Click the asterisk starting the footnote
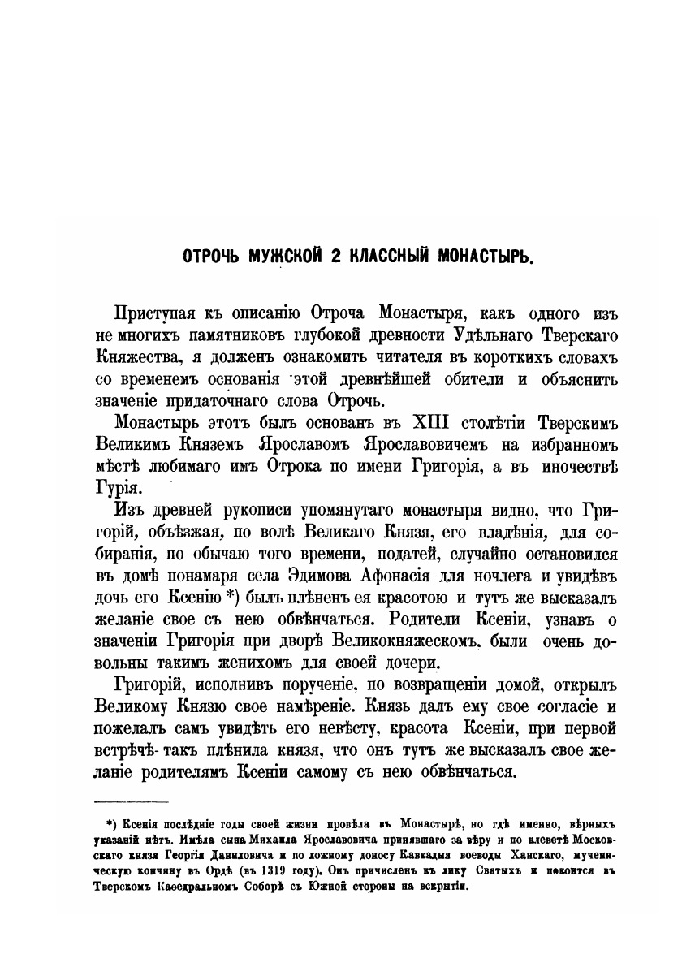click(101, 822)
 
